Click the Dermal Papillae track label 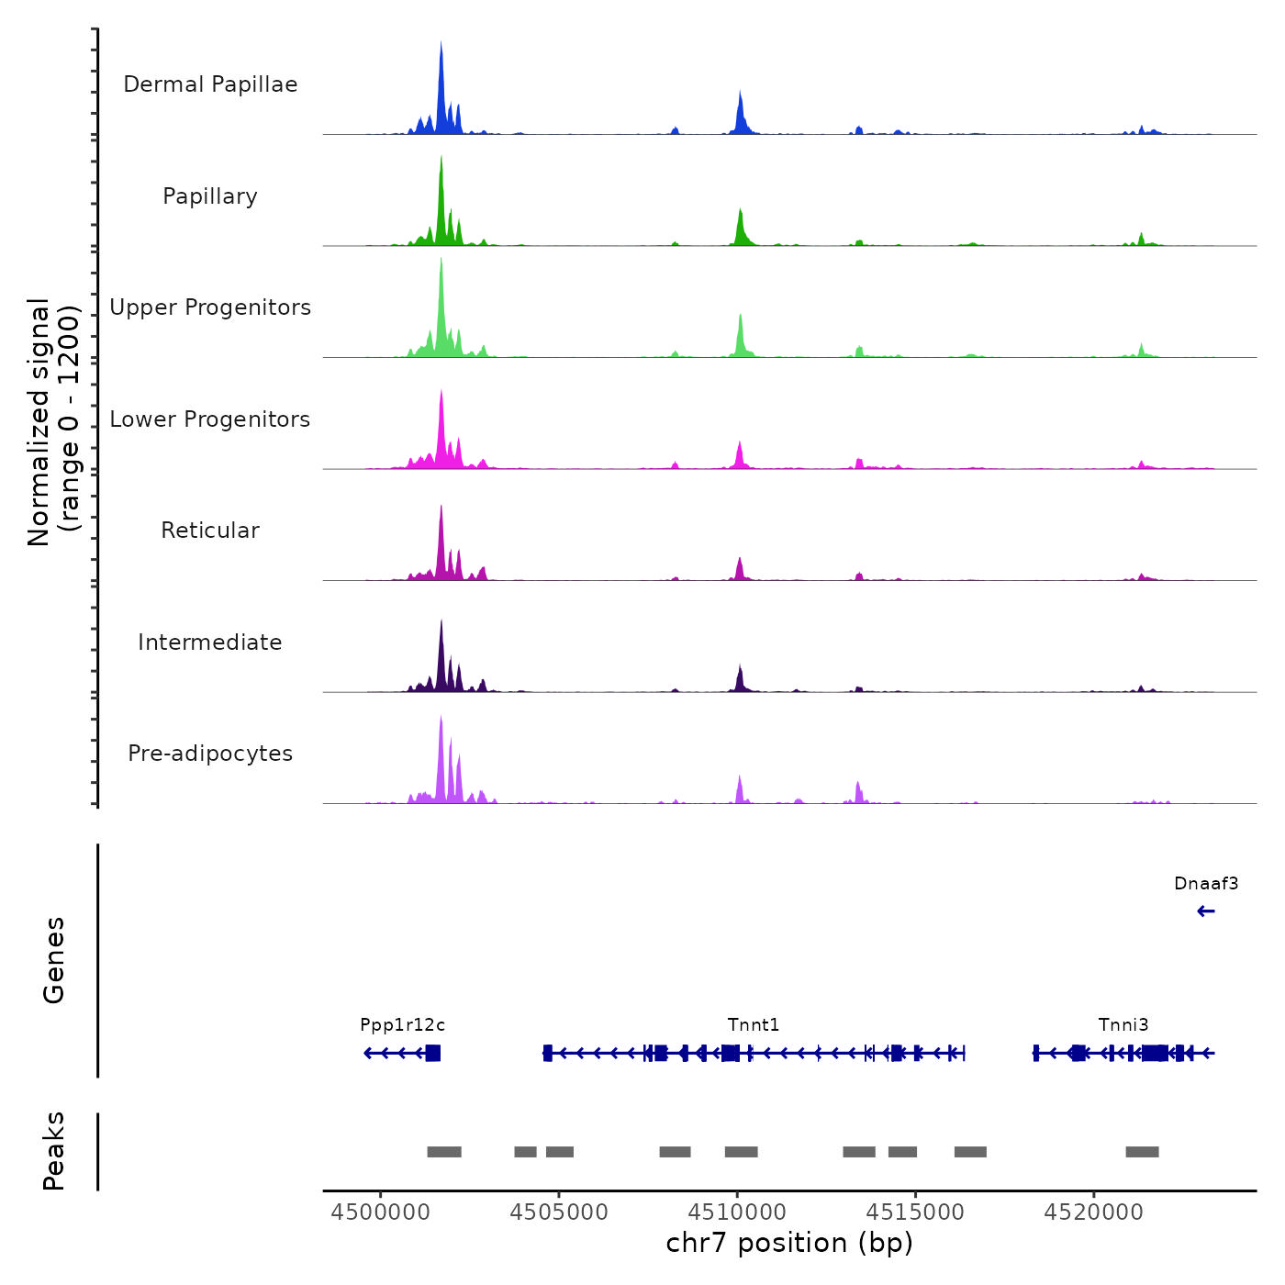[210, 84]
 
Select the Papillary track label [210, 196]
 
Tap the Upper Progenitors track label [210, 307]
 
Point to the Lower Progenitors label [210, 419]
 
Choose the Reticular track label [210, 531]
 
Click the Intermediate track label [210, 642]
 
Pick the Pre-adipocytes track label [210, 754]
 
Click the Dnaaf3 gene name [1206, 884]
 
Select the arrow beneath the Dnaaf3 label [1206, 911]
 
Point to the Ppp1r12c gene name [402, 1025]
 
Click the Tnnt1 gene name [754, 1025]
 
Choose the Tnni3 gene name [1123, 1025]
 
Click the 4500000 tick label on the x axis [380, 1212]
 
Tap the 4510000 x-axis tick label [737, 1212]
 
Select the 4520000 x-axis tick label [1094, 1212]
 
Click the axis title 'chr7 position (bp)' [789, 1243]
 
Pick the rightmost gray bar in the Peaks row [1142, 1152]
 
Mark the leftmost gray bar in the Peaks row [444, 1152]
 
